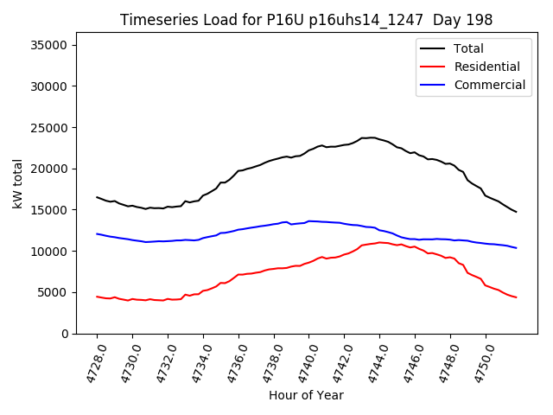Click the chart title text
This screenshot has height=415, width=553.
[x=305, y=20]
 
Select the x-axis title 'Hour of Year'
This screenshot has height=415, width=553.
[x=306, y=395]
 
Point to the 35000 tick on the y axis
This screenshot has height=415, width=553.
[x=56, y=45]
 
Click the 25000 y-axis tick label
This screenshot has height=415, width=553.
[x=56, y=127]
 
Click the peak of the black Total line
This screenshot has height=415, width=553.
[x=372, y=137]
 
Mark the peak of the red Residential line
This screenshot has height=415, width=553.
[x=380, y=242]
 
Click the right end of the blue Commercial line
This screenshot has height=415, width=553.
[x=516, y=248]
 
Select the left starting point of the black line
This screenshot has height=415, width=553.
[x=97, y=197]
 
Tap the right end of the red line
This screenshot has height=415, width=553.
[x=516, y=297]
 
